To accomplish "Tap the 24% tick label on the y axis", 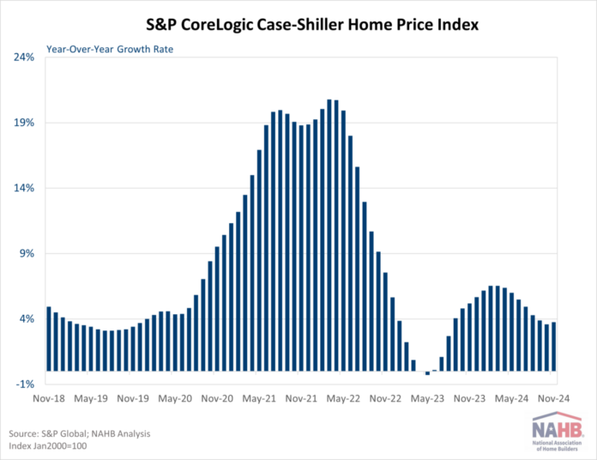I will [23, 57].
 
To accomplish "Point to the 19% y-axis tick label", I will [23, 123].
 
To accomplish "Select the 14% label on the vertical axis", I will [23, 188].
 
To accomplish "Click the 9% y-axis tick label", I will [26, 253].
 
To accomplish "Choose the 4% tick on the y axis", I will [26, 318].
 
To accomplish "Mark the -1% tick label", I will [24, 384].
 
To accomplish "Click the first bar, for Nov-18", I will [49, 338].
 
